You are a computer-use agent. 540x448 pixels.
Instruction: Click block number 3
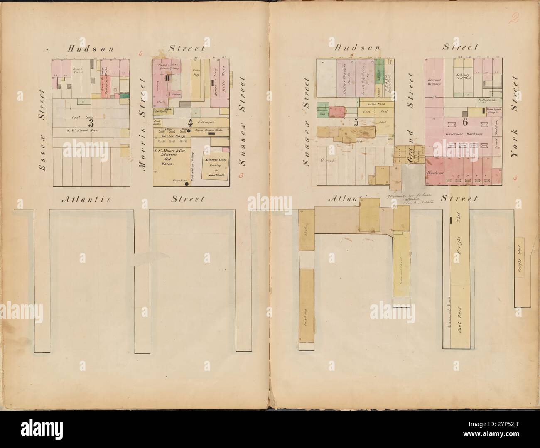pos(91,123)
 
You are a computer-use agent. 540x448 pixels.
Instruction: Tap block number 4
pos(190,122)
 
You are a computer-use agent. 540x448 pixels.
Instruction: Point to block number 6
pos(465,121)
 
